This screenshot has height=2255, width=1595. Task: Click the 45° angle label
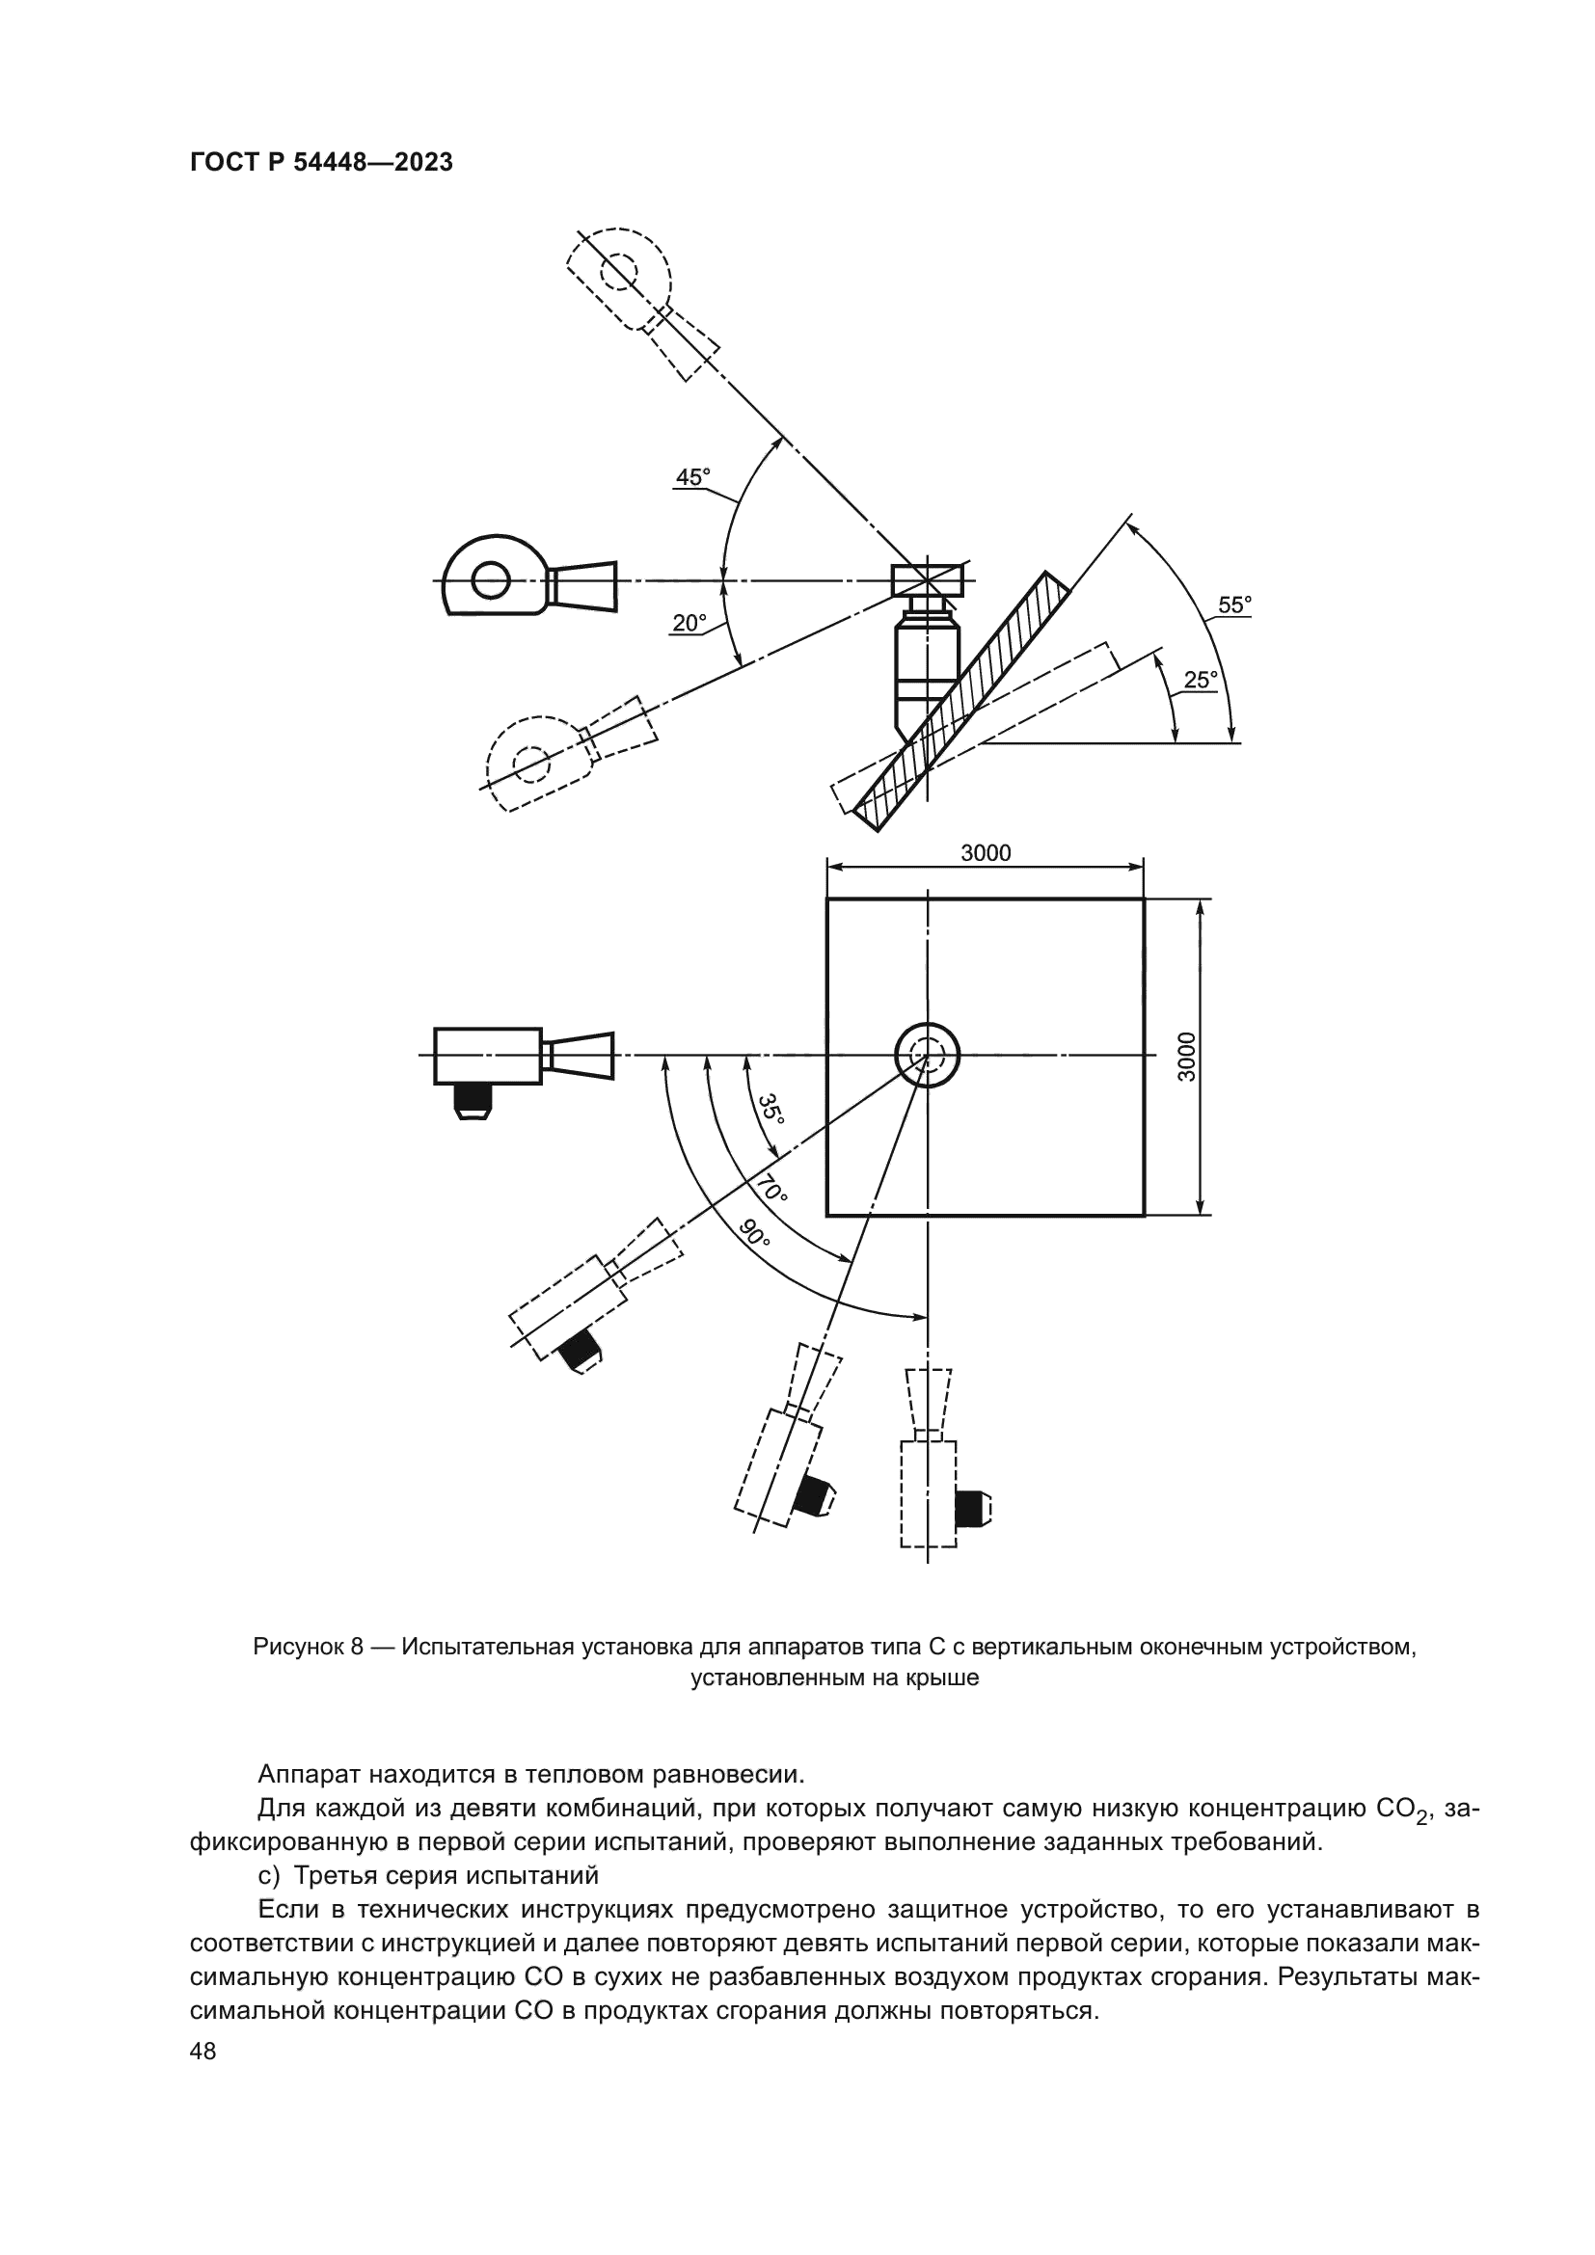(x=692, y=477)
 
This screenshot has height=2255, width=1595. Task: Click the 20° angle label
(x=689, y=623)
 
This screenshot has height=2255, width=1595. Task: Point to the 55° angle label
(x=1234, y=605)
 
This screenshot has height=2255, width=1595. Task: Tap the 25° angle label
(x=1201, y=680)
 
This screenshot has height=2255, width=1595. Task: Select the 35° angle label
(x=773, y=1109)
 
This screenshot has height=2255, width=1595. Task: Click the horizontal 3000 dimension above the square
(x=986, y=852)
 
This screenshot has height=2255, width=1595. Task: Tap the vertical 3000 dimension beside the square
(x=1187, y=1057)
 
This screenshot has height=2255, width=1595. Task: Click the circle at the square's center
(x=926, y=1055)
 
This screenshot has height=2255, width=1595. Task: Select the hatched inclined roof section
(x=962, y=701)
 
